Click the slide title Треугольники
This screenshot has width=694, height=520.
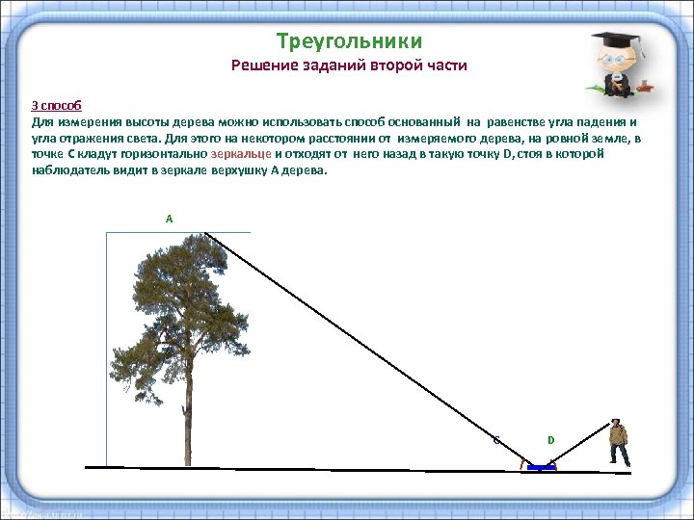[x=349, y=41]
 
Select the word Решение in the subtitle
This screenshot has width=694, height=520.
[x=262, y=66]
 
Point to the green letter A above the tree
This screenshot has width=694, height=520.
[x=170, y=220]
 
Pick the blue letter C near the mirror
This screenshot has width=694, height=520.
[x=495, y=441]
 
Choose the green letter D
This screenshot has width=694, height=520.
[x=551, y=440]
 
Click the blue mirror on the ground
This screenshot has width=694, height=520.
[x=542, y=467]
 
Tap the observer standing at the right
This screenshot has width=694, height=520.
[x=618, y=442]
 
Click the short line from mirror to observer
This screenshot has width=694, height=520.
[x=579, y=444]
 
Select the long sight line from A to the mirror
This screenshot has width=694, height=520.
[x=366, y=347]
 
